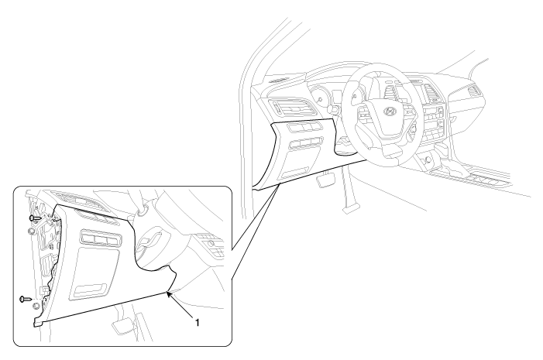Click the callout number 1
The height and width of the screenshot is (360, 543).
point(197,323)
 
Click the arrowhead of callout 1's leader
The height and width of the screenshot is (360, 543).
point(169,294)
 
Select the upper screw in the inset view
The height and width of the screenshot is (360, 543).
point(35,218)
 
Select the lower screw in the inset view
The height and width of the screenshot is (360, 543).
point(26,298)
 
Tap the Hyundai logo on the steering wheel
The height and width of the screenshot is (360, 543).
point(390,111)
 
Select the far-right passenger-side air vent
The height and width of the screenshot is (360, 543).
point(474,91)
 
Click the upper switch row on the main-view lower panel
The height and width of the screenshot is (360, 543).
point(304,127)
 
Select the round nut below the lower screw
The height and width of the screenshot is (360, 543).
point(35,307)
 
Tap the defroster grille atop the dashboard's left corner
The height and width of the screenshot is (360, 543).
point(279,81)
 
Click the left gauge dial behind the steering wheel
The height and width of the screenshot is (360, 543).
point(319,98)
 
